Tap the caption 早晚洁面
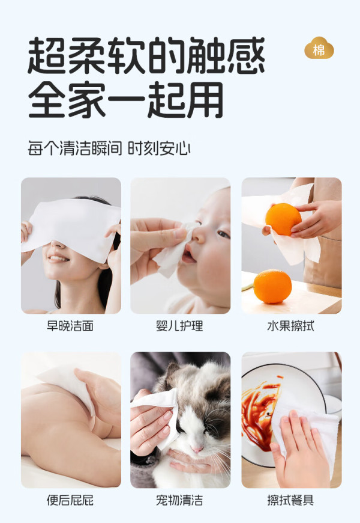pyautogui.click(x=70, y=326)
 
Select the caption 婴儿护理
pyautogui.click(x=179, y=326)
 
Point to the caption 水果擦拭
pyautogui.click(x=291, y=326)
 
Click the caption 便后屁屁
pyautogui.click(x=70, y=500)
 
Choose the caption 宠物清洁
pyautogui.click(x=179, y=500)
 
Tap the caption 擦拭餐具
pyautogui.click(x=291, y=500)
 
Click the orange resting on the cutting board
pyautogui.click(x=272, y=287)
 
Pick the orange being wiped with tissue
pyautogui.click(x=283, y=219)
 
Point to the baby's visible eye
pyautogui.click(x=223, y=234)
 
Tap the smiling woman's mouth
pyautogui.click(x=59, y=258)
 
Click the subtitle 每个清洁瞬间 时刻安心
pyautogui.click(x=109, y=148)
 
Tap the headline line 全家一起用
pyautogui.click(x=125, y=100)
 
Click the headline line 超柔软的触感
pyautogui.click(x=146, y=55)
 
